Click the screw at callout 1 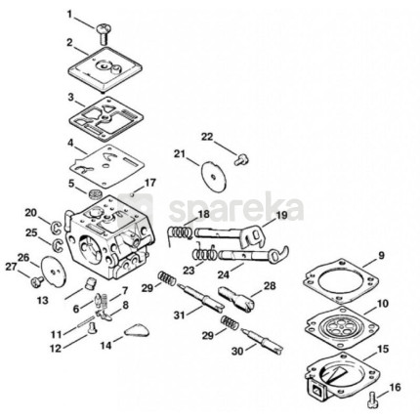[x=104, y=33]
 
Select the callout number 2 [x=69, y=43]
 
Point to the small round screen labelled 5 [x=96, y=194]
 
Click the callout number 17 [x=150, y=183]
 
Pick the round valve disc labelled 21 [x=213, y=176]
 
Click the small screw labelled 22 [x=241, y=160]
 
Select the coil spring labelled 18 [x=179, y=233]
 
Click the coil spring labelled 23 [x=204, y=253]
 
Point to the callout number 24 [x=224, y=275]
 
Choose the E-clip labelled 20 [x=57, y=228]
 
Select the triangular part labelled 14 [x=137, y=330]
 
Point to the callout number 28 [x=270, y=286]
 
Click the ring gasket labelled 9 [x=341, y=280]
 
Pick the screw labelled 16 [x=372, y=399]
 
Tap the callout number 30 [x=237, y=352]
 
